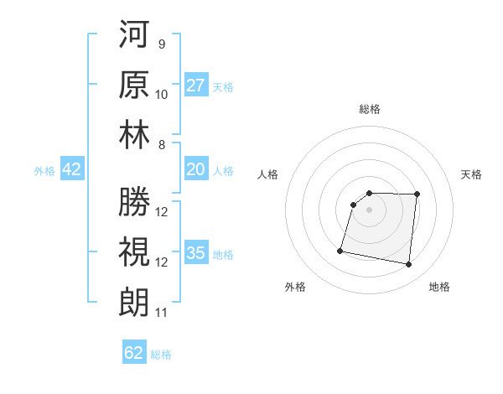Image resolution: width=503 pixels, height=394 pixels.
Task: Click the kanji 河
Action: (134, 35)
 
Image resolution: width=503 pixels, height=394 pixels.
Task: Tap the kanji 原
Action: (134, 86)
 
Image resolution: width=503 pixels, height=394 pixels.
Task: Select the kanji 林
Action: (134, 136)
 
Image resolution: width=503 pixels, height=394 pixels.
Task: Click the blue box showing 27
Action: (196, 86)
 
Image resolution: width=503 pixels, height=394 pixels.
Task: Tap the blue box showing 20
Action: (196, 170)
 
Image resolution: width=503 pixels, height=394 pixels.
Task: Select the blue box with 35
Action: (196, 253)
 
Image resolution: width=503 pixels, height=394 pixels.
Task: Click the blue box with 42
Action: (72, 170)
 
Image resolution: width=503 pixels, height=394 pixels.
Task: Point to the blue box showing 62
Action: (134, 353)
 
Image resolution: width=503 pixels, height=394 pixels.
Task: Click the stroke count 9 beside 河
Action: (161, 44)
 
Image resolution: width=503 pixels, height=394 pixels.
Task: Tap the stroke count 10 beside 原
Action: (162, 94)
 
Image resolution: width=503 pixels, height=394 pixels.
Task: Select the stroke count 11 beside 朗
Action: (162, 313)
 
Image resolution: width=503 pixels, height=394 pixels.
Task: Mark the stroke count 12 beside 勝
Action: (162, 211)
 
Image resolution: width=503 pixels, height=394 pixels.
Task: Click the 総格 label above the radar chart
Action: (370, 109)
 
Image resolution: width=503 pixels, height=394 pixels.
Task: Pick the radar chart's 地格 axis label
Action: (439, 287)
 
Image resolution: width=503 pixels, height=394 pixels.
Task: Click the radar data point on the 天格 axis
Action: (417, 194)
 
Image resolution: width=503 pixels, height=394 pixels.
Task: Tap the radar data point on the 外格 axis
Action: (340, 250)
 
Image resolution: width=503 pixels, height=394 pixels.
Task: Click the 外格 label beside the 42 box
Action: (44, 171)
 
